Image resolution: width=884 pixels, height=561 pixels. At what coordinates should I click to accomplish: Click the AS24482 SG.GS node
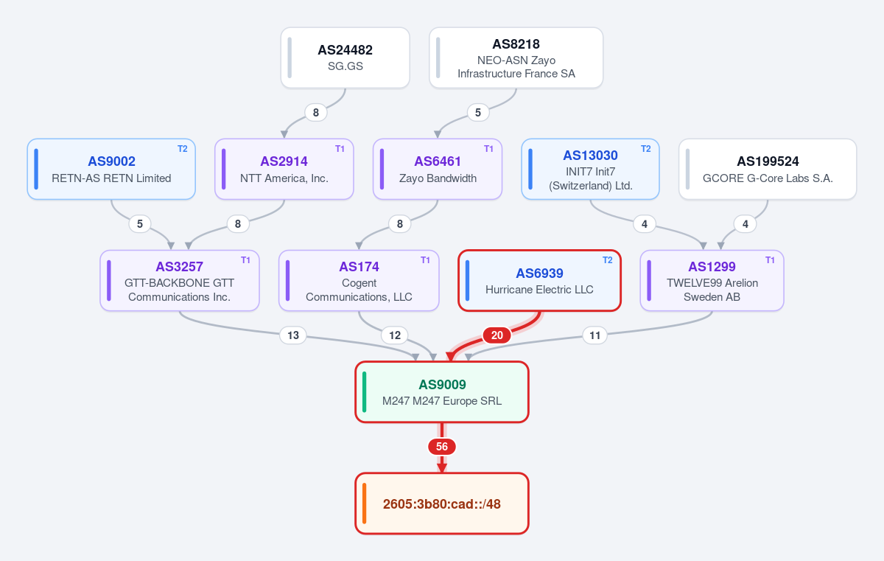pyautogui.click(x=345, y=58)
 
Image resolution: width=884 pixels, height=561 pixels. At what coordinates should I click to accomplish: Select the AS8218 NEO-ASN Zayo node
pyautogui.click(x=516, y=58)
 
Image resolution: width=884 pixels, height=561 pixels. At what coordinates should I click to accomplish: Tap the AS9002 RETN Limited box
pyautogui.click(x=111, y=169)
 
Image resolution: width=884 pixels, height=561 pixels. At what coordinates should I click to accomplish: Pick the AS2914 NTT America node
pyautogui.click(x=284, y=169)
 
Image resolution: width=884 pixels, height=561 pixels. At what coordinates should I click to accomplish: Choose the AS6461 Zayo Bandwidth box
pyautogui.click(x=438, y=169)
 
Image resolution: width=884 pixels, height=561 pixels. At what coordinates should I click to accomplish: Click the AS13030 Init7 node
pyautogui.click(x=590, y=169)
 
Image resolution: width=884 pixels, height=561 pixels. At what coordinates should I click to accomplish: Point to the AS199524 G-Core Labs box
pyautogui.click(x=768, y=169)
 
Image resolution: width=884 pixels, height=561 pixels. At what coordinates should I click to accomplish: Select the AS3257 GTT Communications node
pyautogui.click(x=180, y=280)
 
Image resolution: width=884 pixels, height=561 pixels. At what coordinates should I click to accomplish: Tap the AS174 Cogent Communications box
pyautogui.click(x=359, y=280)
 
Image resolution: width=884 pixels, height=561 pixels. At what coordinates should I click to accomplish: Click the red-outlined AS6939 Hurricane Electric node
pyautogui.click(x=539, y=280)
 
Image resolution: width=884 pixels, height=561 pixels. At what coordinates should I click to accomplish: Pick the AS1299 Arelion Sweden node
pyautogui.click(x=712, y=280)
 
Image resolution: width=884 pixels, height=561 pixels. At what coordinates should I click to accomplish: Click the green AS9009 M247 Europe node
pyautogui.click(x=442, y=392)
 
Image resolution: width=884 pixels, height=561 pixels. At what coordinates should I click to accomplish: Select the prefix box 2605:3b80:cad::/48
pyautogui.click(x=442, y=503)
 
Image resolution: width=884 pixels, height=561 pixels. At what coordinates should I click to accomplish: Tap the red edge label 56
pyautogui.click(x=442, y=447)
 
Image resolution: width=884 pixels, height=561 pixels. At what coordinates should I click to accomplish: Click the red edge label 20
pyautogui.click(x=497, y=335)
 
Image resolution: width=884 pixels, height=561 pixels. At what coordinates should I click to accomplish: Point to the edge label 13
pyautogui.click(x=293, y=335)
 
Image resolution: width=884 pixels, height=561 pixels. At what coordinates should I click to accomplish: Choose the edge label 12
pyautogui.click(x=395, y=335)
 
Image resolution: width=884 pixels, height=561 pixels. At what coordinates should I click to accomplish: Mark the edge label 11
pyautogui.click(x=594, y=335)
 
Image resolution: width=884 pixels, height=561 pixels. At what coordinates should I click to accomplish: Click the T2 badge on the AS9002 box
pyautogui.click(x=183, y=149)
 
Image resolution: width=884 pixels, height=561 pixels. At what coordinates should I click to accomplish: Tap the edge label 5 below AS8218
pyautogui.click(x=478, y=113)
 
